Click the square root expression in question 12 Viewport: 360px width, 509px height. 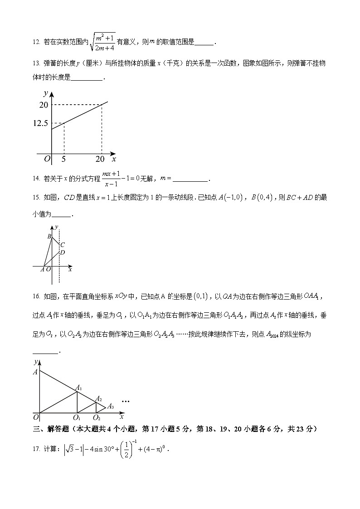[x=103, y=42]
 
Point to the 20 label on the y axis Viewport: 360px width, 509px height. [x=44, y=105]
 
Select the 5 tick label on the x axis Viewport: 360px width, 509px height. [x=63, y=159]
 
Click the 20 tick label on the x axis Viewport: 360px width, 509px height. [x=100, y=159]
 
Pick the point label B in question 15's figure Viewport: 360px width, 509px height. [x=49, y=236]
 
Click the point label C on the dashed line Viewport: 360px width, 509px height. [x=63, y=245]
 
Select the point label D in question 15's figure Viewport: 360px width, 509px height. [x=63, y=252]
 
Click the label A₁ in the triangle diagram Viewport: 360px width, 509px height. [x=78, y=388]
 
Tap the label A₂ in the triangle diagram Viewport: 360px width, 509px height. [x=97, y=399]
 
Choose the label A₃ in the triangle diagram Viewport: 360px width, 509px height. [x=110, y=406]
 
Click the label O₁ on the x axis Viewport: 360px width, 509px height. [x=77, y=417]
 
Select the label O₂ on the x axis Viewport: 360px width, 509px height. [x=97, y=417]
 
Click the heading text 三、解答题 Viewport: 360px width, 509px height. [x=51, y=429]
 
